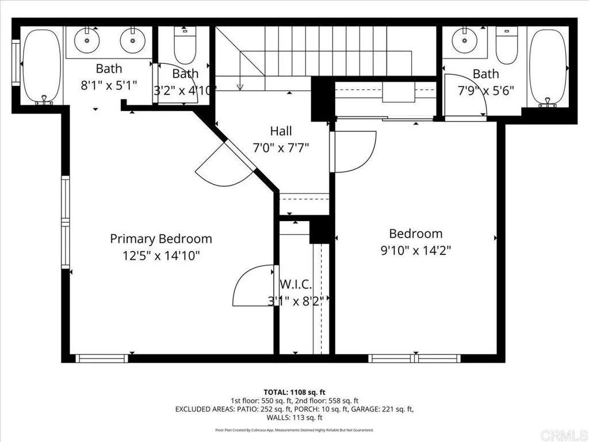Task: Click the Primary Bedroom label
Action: (161, 239)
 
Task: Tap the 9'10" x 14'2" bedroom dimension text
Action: (416, 250)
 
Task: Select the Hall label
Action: (281, 131)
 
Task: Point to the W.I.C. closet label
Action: (296, 284)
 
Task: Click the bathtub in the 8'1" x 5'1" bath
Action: (42, 67)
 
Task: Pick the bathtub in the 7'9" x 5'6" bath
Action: (548, 67)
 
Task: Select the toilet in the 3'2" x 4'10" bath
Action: (185, 47)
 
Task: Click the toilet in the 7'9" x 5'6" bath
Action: (506, 47)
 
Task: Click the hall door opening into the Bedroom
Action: (354, 151)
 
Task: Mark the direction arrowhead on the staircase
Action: (240, 87)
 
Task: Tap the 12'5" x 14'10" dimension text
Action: (161, 256)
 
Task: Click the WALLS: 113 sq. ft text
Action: (294, 418)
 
